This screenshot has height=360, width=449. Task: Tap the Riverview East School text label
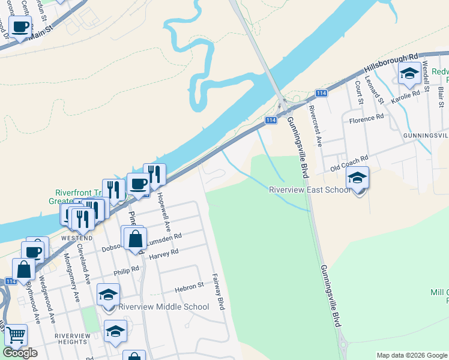point(310,190)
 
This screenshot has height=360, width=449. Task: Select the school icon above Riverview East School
point(358,179)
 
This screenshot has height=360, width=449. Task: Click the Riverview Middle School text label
point(164,307)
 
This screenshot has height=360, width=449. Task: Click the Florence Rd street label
point(366,119)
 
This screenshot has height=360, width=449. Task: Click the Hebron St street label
point(190,288)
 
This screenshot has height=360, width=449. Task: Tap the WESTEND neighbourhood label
point(76,238)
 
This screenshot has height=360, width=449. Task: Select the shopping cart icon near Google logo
point(16,337)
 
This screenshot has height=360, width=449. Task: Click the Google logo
point(20,353)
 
